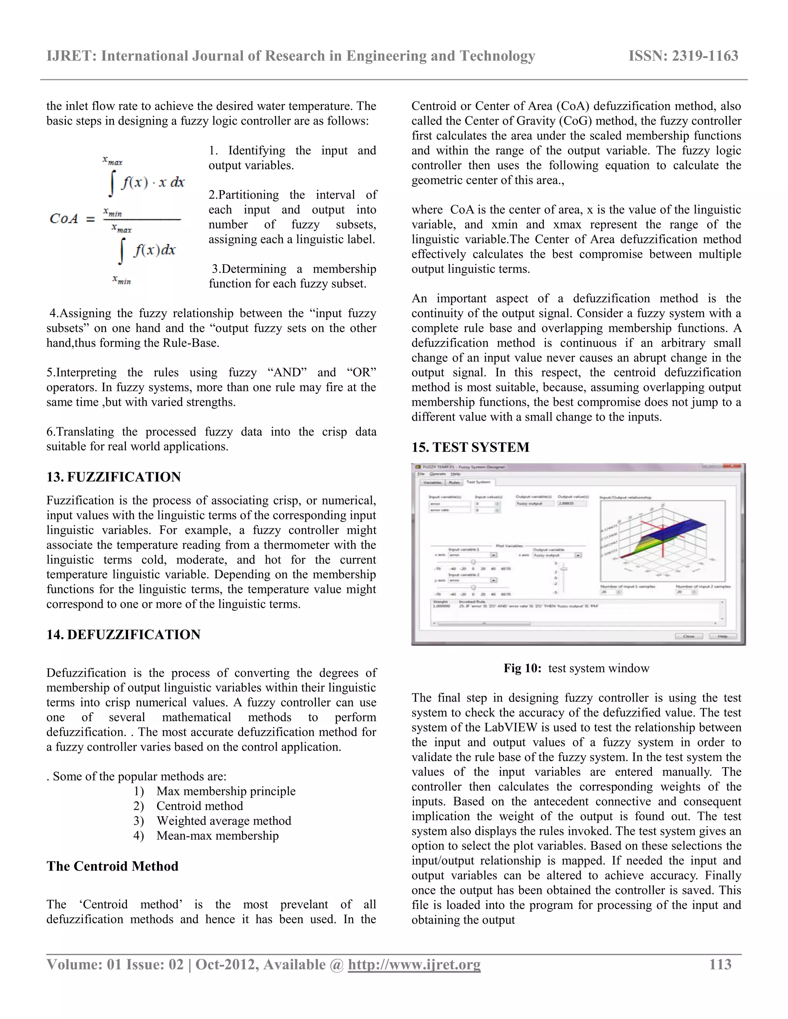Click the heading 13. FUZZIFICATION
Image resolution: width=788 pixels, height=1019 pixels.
[114, 477]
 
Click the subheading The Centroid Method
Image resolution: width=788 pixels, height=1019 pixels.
[112, 866]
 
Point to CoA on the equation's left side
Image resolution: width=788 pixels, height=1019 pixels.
[63, 218]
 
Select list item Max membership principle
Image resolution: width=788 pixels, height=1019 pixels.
[226, 791]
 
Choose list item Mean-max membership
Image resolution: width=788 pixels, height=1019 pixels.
[217, 836]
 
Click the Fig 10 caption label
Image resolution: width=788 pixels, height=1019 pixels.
[522, 668]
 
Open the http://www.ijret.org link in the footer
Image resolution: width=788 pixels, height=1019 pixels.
[414, 965]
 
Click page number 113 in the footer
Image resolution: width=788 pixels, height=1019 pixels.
[720, 964]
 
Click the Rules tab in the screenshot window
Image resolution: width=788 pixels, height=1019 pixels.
[454, 483]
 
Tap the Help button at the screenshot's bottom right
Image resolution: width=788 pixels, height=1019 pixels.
[722, 636]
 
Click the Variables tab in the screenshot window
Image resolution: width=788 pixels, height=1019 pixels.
[432, 483]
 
